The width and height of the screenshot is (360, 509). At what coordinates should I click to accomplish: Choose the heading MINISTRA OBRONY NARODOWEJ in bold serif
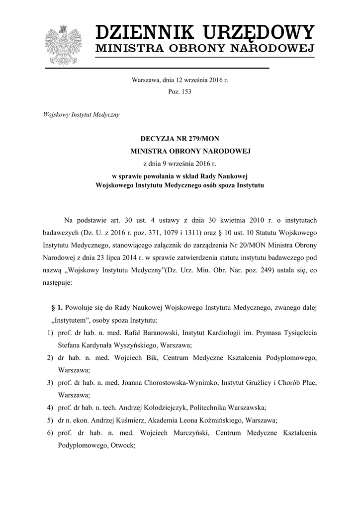click(191, 150)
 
